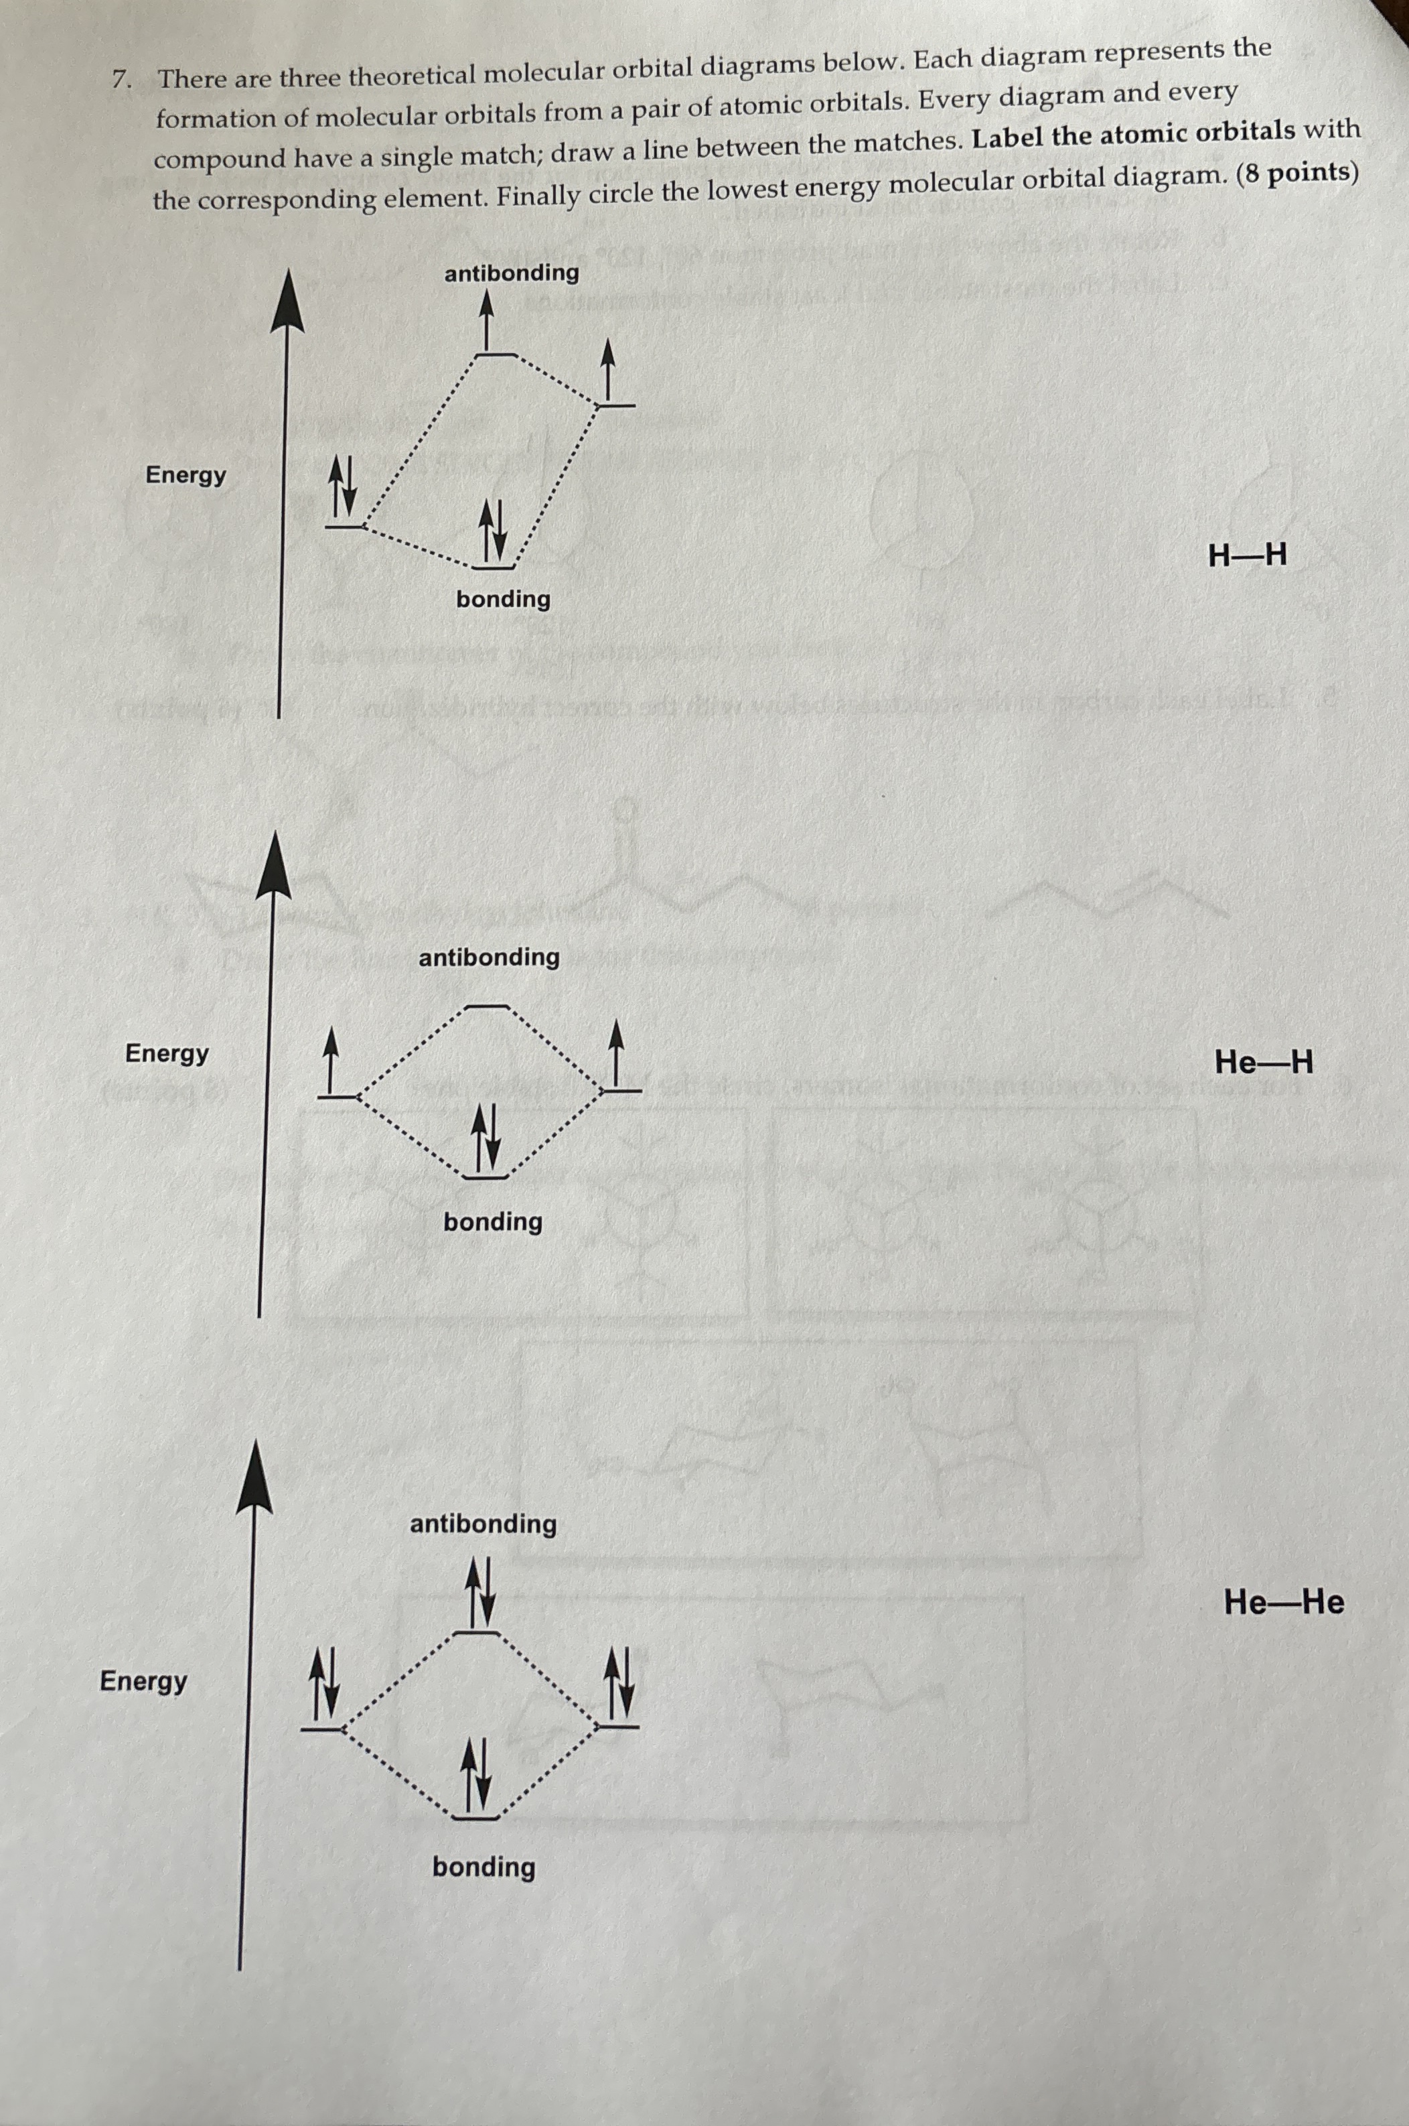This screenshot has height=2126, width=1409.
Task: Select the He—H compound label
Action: coord(1262,1063)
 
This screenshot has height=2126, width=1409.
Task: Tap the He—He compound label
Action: coord(1283,1602)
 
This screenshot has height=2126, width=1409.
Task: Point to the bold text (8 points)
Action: coord(1296,172)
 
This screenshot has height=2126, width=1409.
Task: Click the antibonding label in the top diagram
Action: coord(512,273)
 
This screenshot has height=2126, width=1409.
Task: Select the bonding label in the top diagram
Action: coord(503,599)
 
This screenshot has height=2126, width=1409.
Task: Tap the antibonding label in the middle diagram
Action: coord(489,957)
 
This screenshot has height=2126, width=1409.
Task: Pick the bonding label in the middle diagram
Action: coord(492,1221)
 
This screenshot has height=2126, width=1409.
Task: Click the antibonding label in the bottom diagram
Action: coord(484,1524)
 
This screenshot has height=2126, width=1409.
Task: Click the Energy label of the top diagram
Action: coord(186,474)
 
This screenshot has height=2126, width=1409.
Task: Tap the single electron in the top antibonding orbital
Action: coord(487,321)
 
